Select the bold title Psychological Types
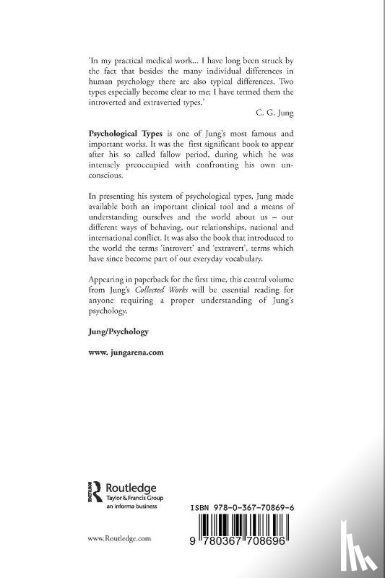click(x=129, y=134)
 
